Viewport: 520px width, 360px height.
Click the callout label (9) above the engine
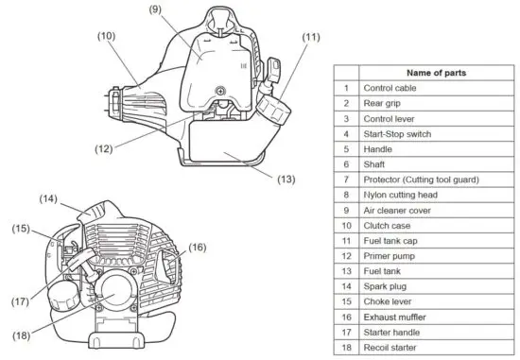tap(156, 10)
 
